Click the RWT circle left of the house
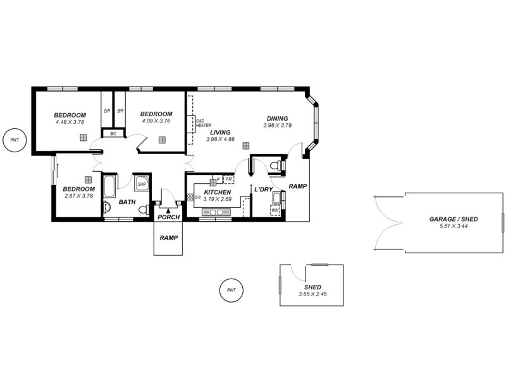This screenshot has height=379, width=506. [x=15, y=140]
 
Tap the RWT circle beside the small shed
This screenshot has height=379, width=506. [x=231, y=290]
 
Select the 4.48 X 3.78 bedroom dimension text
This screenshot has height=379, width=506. [x=70, y=122]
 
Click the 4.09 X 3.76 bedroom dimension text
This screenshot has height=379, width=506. [x=156, y=121]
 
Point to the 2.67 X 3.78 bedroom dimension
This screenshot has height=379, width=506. [x=78, y=196]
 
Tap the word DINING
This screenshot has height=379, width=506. [x=277, y=118]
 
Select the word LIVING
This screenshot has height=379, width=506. [x=220, y=132]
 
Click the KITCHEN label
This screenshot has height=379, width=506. [x=217, y=192]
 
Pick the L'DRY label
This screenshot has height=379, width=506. [x=263, y=189]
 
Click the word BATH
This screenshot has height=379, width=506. [x=127, y=202]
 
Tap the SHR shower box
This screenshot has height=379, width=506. [x=142, y=184]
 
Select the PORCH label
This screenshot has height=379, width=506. [x=169, y=217]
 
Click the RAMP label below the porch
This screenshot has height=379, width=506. [x=168, y=238]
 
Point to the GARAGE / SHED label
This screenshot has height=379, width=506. [x=454, y=219]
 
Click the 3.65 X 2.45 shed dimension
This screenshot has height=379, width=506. [x=312, y=294]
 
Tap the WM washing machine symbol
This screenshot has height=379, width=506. [x=275, y=210]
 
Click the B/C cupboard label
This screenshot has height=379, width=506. [x=113, y=133]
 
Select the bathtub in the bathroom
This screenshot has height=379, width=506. [x=109, y=188]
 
